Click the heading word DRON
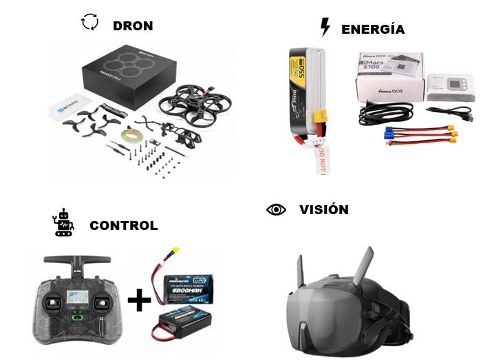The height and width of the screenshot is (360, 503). coord(133,26)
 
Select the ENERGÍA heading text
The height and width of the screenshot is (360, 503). coord(372,29)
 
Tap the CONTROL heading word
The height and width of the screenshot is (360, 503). coord(123,225)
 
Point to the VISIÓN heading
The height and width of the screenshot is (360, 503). coord(323,209)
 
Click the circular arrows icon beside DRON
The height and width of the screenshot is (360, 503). coord(89,23)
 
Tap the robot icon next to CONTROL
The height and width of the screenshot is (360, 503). coord(63,222)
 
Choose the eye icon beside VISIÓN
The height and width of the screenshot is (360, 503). coord(276,209)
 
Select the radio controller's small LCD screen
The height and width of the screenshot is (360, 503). coord(72,301)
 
